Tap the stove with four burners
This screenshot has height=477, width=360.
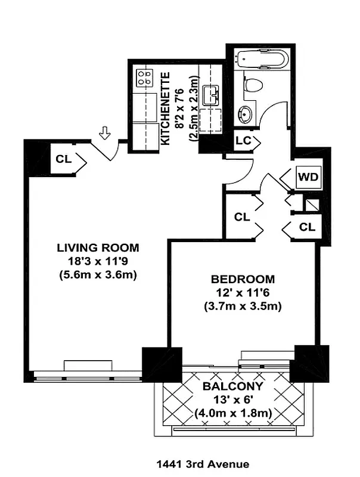144,78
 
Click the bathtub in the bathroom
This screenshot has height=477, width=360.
262,60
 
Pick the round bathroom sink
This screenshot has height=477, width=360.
246,112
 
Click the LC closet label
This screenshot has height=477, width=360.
243,141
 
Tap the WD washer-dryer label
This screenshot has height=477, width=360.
308,178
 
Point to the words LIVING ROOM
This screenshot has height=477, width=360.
98,247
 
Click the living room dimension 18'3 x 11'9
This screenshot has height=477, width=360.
98,261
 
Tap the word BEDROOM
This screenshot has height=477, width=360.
243,279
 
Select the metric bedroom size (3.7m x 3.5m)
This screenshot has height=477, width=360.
243,306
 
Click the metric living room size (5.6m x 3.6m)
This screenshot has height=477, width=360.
98,275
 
